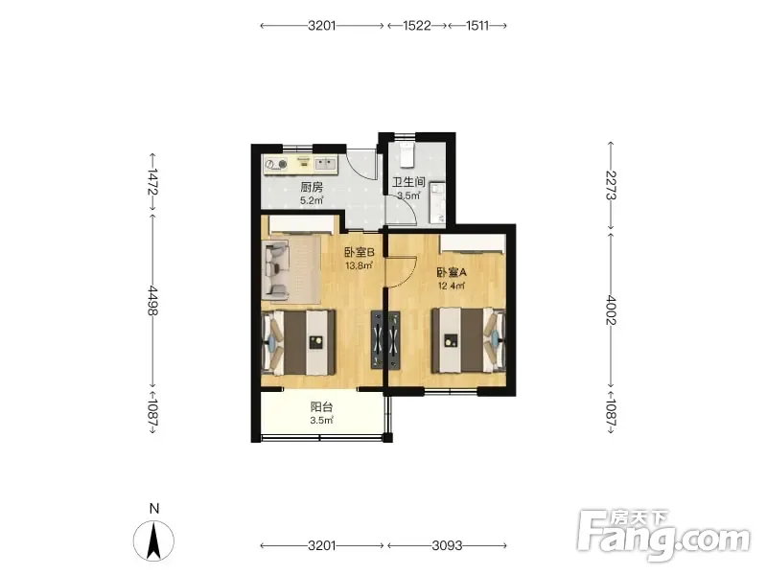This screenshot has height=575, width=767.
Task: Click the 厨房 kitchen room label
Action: tap(312, 187)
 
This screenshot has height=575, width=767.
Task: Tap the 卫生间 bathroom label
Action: tap(408, 182)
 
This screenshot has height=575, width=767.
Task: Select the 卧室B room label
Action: tap(359, 252)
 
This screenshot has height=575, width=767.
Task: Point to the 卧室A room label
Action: tap(452, 272)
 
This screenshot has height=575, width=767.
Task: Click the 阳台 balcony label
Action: tap(321, 406)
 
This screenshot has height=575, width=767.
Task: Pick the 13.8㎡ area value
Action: tap(360, 266)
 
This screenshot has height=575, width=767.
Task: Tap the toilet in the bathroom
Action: tap(407, 154)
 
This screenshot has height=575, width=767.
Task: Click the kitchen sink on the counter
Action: tap(325, 163)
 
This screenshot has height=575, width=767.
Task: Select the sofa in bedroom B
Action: tap(275, 270)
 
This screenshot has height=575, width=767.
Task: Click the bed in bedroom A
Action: tap(468, 340)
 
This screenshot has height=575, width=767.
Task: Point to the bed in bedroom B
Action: tap(298, 343)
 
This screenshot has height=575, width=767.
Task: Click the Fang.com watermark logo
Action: tap(663, 536)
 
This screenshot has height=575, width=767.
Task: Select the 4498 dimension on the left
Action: tap(152, 300)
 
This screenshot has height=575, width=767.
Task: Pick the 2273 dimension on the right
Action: tap(611, 185)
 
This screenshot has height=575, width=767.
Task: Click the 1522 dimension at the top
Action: tap(417, 26)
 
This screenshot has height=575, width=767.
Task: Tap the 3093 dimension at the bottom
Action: tap(447, 545)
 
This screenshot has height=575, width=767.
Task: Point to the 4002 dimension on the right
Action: tap(611, 310)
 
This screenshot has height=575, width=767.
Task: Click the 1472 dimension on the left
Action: tap(152, 181)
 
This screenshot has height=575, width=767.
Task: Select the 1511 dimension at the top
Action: tap(477, 26)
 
